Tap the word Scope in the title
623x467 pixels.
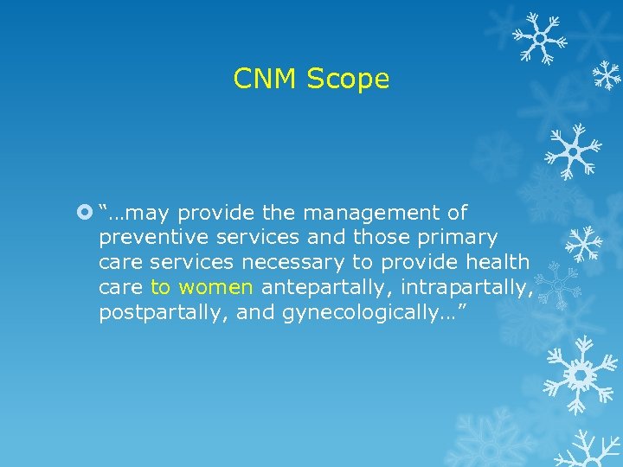349,80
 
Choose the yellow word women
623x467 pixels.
215,287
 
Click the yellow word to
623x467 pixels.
160,287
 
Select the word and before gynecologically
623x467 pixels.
255,312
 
